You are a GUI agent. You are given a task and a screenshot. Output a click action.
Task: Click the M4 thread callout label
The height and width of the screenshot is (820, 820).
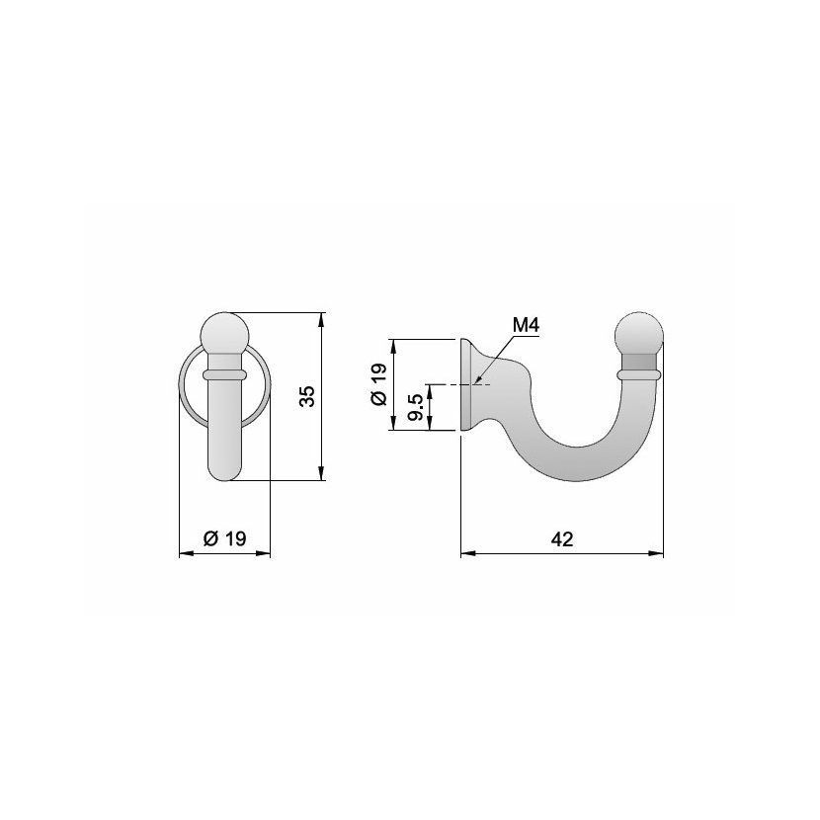526,325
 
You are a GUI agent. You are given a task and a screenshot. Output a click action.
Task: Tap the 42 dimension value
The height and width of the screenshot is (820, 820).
562,539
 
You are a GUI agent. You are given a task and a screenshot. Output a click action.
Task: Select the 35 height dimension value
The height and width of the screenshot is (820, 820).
307,396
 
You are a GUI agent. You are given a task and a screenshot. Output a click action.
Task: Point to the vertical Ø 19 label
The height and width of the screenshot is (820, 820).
378,384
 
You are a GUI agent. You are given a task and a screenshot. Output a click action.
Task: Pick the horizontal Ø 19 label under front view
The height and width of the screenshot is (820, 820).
224,538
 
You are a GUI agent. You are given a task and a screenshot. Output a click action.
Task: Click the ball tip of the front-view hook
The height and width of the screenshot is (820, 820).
225,332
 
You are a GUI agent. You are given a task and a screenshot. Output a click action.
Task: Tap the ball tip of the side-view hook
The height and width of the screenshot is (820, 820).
638,333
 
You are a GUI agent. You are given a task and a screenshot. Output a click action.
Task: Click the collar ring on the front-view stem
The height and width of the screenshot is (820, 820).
224,374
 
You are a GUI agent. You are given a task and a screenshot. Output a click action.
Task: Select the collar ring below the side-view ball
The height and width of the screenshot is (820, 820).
638,374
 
